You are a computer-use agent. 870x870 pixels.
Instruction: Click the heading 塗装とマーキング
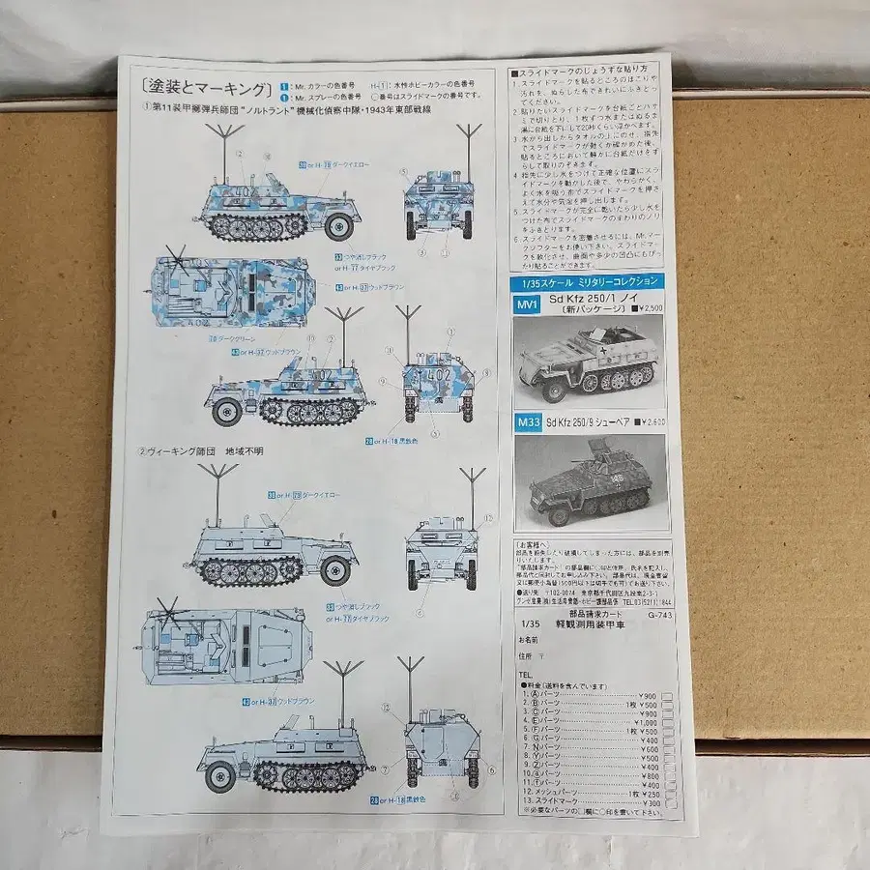(x=205, y=90)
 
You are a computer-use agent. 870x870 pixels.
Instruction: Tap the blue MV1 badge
(x=526, y=304)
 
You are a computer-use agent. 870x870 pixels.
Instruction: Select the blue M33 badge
(x=528, y=421)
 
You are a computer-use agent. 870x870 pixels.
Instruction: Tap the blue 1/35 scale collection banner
(x=587, y=281)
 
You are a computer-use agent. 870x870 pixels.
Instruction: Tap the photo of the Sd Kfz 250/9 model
(x=590, y=479)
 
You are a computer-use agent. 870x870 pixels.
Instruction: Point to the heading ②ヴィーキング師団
(x=201, y=450)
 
